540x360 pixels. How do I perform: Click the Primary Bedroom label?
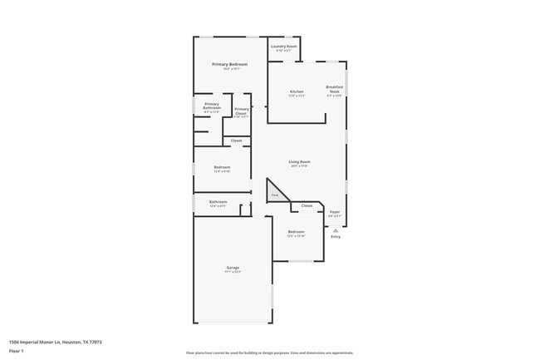pyautogui.click(x=230, y=64)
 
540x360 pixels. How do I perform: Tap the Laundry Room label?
pyautogui.click(x=284, y=47)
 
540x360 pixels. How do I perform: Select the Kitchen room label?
pyautogui.click(x=297, y=91)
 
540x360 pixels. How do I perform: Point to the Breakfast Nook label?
pyautogui.click(x=335, y=89)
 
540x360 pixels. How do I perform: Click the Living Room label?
pyautogui.click(x=299, y=161)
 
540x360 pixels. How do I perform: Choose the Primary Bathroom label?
pyautogui.click(x=212, y=106)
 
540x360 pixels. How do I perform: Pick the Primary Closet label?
pyautogui.click(x=241, y=111)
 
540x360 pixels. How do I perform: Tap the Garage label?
pyautogui.click(x=233, y=268)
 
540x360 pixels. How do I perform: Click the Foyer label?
pyautogui.click(x=335, y=212)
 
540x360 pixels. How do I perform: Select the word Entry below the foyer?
pyautogui.click(x=336, y=237)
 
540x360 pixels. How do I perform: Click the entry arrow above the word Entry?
pyautogui.click(x=336, y=230)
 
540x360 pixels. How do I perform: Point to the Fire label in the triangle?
pyautogui.click(x=274, y=195)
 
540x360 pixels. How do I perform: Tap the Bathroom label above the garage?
pyautogui.click(x=218, y=201)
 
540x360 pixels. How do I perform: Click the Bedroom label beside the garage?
pyautogui.click(x=296, y=232)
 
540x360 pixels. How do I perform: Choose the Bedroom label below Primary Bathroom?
pyautogui.click(x=222, y=167)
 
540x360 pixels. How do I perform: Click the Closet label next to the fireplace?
pyautogui.click(x=307, y=205)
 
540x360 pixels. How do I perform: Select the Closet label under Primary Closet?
pyautogui.click(x=237, y=141)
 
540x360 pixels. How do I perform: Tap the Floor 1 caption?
pyautogui.click(x=17, y=352)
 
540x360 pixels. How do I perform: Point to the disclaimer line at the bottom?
pyautogui.click(x=270, y=353)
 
